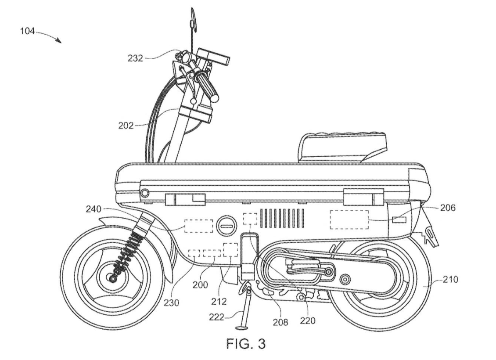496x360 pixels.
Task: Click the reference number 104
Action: pyautogui.click(x=26, y=32)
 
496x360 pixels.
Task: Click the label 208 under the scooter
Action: pyautogui.click(x=280, y=322)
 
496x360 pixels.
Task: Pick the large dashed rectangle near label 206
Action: pyautogui.click(x=349, y=219)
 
